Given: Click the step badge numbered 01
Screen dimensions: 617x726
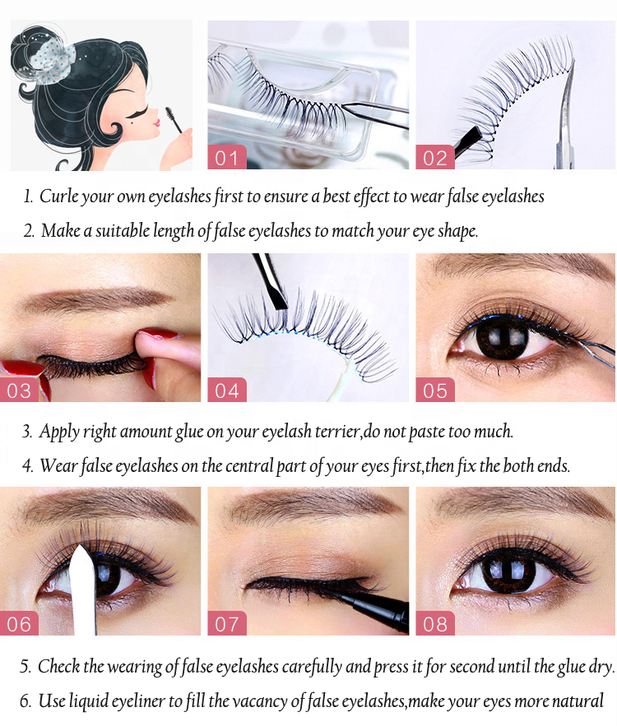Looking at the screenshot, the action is [x=227, y=157].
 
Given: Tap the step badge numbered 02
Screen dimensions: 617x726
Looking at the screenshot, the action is [x=435, y=157].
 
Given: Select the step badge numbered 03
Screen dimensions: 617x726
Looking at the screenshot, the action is [x=19, y=390].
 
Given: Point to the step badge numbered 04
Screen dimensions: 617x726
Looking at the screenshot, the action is [x=227, y=390].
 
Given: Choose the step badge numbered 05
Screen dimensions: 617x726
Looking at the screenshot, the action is [x=435, y=390].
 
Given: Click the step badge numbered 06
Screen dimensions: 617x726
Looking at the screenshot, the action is [x=19, y=623].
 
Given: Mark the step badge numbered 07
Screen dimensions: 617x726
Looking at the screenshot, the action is [x=227, y=623].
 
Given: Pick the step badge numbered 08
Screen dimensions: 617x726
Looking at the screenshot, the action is [x=435, y=623].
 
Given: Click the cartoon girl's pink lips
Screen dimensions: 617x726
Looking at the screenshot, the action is [x=157, y=123].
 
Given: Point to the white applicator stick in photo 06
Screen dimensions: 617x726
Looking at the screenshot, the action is [x=84, y=590].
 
